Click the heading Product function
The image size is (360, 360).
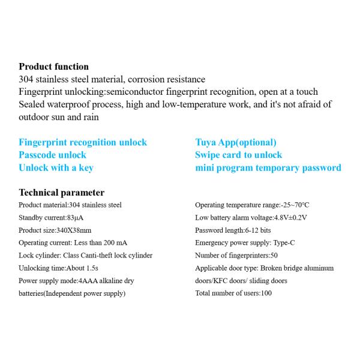[53, 67]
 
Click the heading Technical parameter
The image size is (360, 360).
[61, 193]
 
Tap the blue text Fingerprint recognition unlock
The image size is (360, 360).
[83, 142]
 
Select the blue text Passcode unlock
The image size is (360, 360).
[53, 155]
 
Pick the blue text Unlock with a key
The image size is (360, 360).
[56, 167]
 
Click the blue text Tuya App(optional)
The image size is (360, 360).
[236, 142]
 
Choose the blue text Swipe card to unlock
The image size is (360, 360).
[238, 155]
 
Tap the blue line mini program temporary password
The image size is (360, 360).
[268, 167]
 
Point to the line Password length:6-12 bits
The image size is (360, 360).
[233, 230]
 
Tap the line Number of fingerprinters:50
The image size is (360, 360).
[236, 255]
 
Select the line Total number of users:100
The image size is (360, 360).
[233, 293]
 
